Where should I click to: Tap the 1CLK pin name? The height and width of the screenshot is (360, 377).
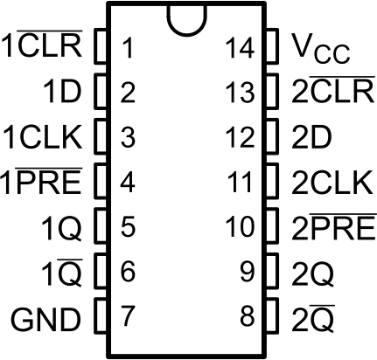[42, 136]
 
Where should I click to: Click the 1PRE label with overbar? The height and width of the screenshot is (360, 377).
[42, 182]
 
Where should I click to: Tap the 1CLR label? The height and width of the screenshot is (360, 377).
[42, 47]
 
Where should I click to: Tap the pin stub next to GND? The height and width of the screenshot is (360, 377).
[98, 315]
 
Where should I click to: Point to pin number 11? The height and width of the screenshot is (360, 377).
[241, 182]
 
